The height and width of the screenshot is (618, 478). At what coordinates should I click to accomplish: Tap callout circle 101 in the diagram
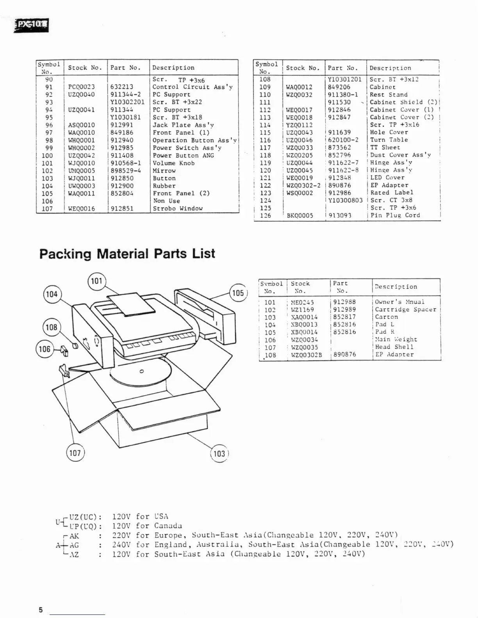[96, 281]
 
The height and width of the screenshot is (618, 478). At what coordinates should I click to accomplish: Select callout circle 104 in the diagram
[52, 294]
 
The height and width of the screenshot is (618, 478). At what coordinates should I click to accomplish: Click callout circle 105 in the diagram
[238, 293]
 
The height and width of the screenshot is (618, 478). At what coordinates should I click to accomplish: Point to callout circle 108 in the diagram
[52, 327]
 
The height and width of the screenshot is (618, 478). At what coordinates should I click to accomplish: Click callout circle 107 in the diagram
[75, 453]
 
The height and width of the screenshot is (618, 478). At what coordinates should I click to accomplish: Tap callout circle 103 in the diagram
[219, 453]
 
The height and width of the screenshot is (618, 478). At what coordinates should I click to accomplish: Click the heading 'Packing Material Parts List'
[127, 254]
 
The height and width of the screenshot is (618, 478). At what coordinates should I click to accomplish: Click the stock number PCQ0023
[81, 87]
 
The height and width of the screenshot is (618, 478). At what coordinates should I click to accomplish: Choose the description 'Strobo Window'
[177, 209]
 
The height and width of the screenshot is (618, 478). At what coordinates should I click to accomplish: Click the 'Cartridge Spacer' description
[405, 309]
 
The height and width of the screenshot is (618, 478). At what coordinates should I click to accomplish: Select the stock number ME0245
[302, 302]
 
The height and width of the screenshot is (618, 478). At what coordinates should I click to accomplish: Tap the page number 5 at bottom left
[41, 610]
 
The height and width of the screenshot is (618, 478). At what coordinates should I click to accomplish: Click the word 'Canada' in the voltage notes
[168, 526]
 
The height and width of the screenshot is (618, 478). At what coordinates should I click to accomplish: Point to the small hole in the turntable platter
[142, 371]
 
